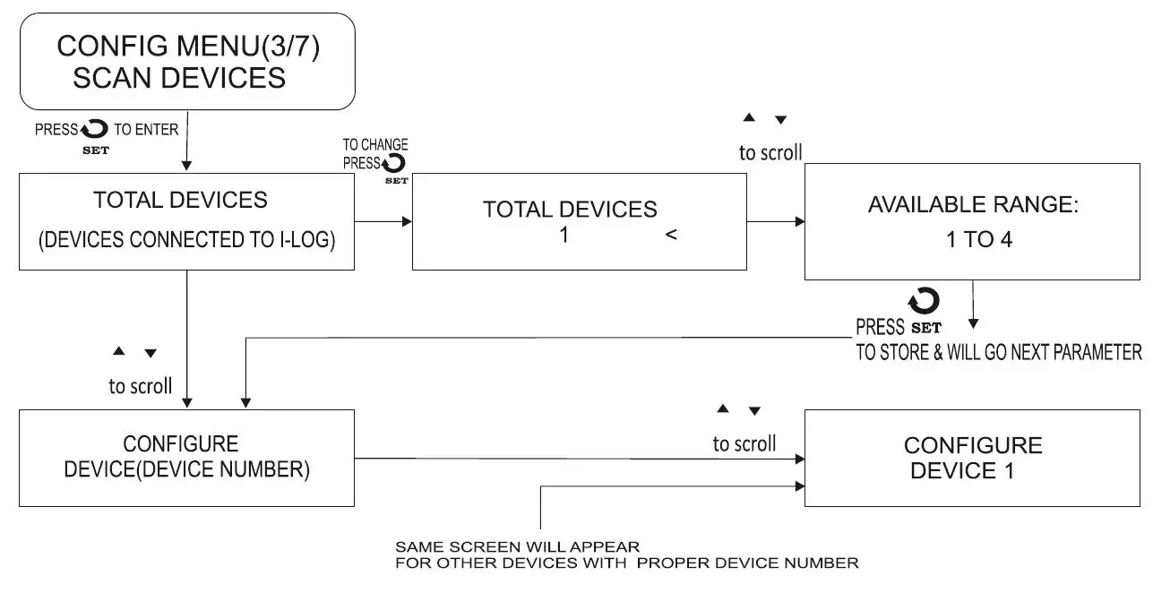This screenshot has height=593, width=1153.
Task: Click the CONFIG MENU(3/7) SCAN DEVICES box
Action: click(187, 61)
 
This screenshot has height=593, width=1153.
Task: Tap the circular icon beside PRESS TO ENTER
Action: click(95, 130)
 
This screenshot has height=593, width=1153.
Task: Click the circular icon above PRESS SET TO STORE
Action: click(925, 301)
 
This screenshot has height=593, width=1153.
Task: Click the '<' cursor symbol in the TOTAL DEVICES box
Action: click(671, 236)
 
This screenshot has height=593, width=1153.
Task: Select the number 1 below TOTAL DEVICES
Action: click(564, 236)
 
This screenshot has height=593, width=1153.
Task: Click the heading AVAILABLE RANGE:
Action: click(972, 204)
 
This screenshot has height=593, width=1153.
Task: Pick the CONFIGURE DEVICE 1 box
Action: click(972, 458)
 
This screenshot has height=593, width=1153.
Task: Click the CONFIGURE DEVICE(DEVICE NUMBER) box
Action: click(186, 458)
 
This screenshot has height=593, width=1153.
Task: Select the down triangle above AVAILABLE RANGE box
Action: click(780, 120)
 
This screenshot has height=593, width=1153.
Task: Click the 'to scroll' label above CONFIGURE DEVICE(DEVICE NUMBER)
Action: click(141, 387)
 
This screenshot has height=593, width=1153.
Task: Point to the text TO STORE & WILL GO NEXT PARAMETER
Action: click(998, 352)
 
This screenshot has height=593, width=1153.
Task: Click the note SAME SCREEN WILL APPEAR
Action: click(518, 546)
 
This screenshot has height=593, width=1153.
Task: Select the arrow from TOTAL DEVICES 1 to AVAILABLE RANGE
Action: click(775, 221)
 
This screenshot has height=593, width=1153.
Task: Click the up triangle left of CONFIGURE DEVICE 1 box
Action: click(723, 409)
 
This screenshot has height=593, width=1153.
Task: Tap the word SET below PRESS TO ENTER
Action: click(95, 150)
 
